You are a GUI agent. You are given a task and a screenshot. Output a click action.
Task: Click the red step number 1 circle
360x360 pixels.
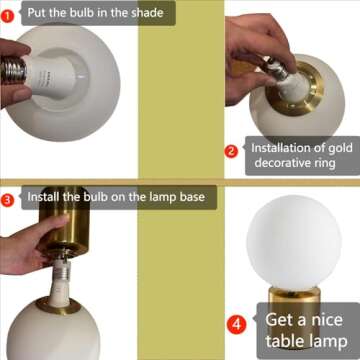click(x=8, y=14)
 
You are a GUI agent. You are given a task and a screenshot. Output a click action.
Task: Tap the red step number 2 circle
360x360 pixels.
click(x=231, y=151)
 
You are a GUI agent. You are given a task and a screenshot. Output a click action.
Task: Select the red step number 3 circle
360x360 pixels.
click(x=8, y=198)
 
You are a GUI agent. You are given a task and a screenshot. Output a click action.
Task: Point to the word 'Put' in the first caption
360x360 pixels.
click(x=37, y=14)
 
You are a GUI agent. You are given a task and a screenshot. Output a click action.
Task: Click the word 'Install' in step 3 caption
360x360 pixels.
click(x=46, y=198)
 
